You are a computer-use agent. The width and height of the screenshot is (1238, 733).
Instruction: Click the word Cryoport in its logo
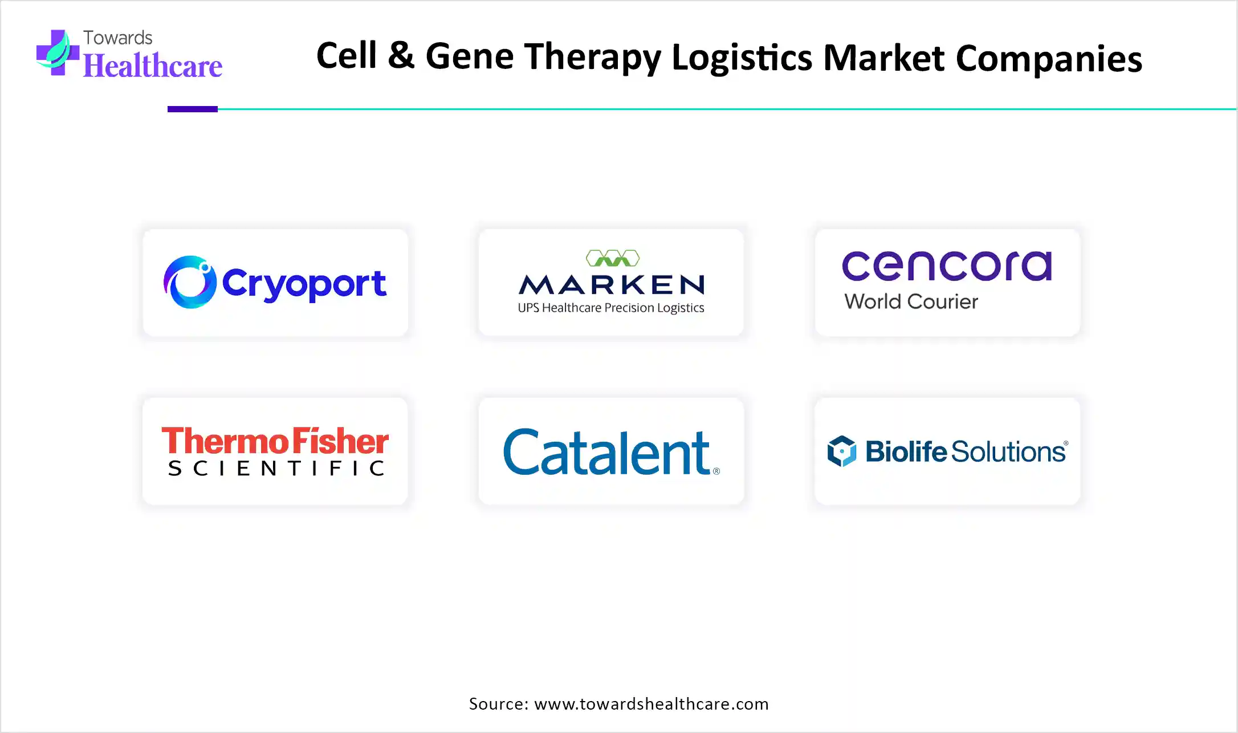click(304, 284)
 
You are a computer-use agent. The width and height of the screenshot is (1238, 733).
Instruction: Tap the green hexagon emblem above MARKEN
click(613, 258)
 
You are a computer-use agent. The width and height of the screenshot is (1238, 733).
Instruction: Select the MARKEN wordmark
click(612, 284)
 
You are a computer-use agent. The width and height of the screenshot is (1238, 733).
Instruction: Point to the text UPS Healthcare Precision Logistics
click(611, 308)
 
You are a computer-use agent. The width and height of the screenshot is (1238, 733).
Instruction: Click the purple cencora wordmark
click(947, 266)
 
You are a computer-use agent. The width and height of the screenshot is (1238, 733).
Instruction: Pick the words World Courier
click(911, 302)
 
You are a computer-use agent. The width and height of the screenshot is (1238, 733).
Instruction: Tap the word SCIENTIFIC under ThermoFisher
click(276, 469)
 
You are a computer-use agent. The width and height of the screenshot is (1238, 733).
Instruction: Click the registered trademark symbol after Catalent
click(716, 471)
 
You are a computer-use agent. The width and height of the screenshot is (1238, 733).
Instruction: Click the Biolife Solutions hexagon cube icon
click(842, 451)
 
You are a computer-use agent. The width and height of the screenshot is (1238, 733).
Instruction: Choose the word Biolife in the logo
click(906, 451)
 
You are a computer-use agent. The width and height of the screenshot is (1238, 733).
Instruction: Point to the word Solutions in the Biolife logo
click(1008, 451)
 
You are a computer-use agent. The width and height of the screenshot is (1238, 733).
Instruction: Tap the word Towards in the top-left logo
click(118, 38)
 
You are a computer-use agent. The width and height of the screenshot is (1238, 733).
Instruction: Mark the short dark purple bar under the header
click(193, 109)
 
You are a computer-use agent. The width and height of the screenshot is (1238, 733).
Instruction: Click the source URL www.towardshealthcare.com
click(651, 704)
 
